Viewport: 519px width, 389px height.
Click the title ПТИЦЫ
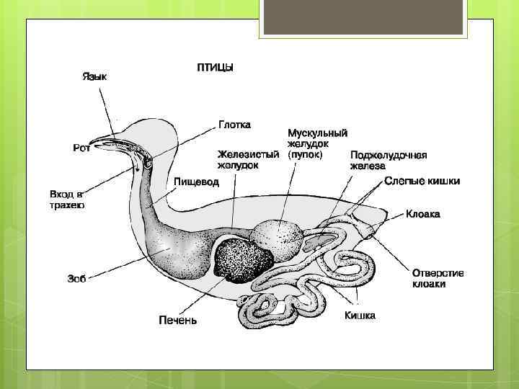(x=214, y=68)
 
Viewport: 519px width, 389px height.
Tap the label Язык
(x=94, y=76)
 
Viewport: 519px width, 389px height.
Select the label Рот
(x=81, y=148)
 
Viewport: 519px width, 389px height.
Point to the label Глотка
(x=234, y=125)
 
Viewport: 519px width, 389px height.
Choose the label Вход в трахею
(x=66, y=200)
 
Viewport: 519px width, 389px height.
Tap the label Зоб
(x=76, y=279)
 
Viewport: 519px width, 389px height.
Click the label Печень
(x=177, y=320)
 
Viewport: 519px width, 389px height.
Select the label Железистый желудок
(x=249, y=160)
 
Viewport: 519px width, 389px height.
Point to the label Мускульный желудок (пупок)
(x=318, y=144)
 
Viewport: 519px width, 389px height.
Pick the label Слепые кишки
(x=422, y=182)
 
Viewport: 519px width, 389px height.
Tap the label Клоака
(x=422, y=214)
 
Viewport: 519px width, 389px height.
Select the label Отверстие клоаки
(x=438, y=278)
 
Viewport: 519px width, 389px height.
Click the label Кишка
(x=359, y=316)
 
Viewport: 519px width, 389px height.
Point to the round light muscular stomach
(x=277, y=237)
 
